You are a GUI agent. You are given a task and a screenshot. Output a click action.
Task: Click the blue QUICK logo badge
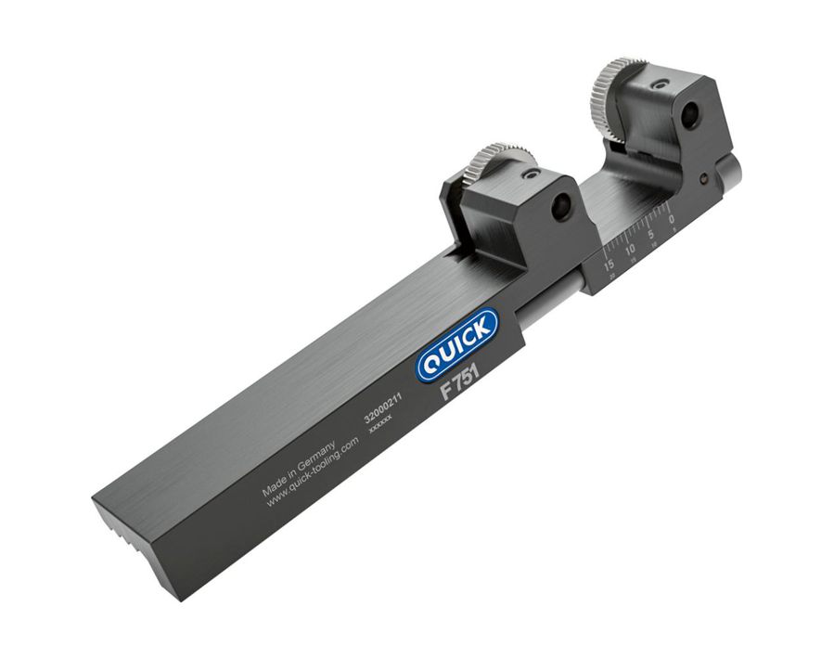[x=456, y=346]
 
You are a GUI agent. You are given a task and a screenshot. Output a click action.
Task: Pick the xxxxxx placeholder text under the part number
[x=381, y=427]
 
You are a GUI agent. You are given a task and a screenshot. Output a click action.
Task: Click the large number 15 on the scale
[x=609, y=264]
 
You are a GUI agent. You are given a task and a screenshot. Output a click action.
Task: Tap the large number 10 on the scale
[x=631, y=249]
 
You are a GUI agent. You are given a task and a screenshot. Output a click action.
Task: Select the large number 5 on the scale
[x=652, y=234]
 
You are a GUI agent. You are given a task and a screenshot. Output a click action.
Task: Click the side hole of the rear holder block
[x=691, y=118]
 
